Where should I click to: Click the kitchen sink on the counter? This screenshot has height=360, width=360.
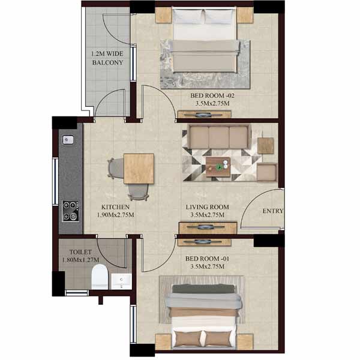click(68, 140)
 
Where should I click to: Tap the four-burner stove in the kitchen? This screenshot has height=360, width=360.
click(71, 211)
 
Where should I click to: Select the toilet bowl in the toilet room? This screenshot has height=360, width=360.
click(100, 277)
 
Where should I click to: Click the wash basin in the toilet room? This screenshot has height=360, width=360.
click(121, 281)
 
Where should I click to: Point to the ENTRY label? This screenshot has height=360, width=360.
click(273, 211)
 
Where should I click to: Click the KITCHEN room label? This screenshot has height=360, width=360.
click(115, 207)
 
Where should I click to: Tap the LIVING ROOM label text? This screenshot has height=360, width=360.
click(208, 207)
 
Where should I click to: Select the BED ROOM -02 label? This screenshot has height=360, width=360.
click(212, 95)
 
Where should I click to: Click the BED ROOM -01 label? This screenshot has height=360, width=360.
click(207, 259)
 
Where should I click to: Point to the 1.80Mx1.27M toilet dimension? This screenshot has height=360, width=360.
click(80, 260)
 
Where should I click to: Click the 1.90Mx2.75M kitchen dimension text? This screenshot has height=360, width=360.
click(115, 215)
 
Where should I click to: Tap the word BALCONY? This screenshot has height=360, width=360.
click(107, 62)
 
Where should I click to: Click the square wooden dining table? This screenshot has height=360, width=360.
click(139, 169)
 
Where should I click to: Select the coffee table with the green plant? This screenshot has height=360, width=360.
click(218, 167)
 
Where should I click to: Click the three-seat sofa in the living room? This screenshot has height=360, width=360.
click(218, 137)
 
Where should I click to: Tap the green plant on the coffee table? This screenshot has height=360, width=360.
click(219, 167)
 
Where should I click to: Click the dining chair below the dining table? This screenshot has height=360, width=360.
click(138, 193)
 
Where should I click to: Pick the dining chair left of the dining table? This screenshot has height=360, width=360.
click(116, 168)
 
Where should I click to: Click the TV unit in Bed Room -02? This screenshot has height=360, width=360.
click(205, 114)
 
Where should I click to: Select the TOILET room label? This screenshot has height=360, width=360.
click(80, 252)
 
